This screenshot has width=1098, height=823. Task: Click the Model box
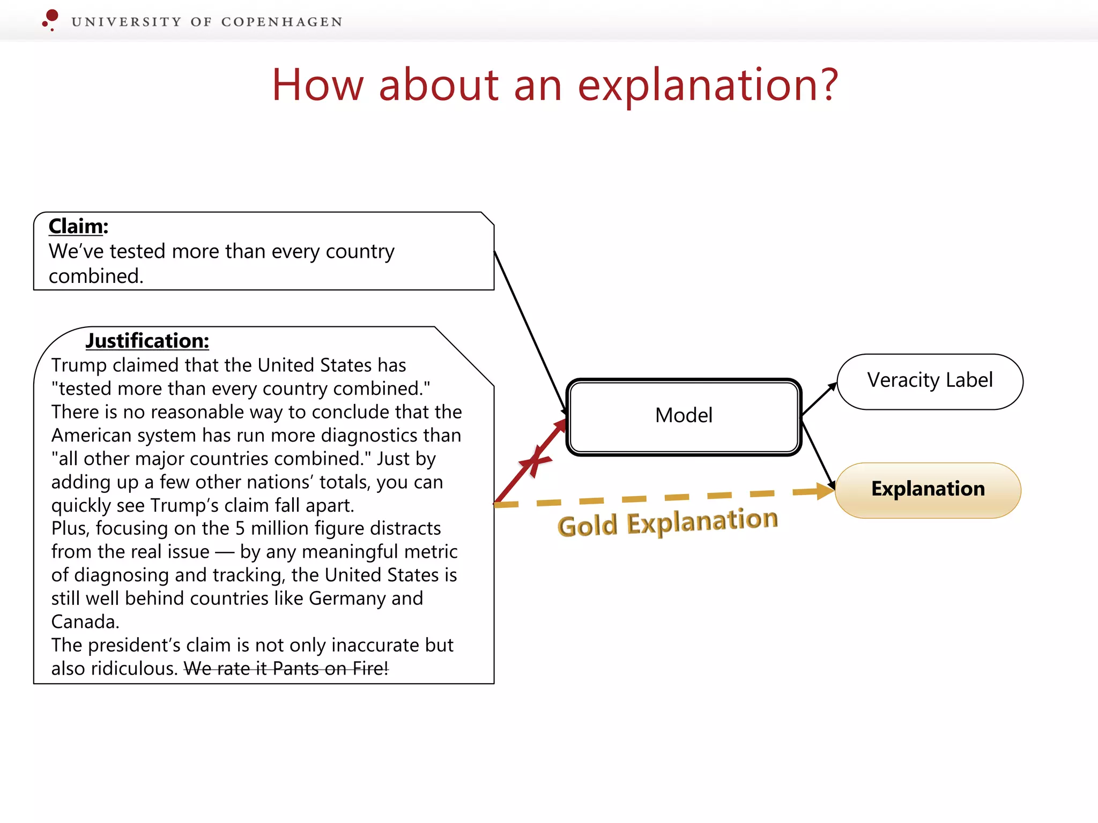tap(684, 416)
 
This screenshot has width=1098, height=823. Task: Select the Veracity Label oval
tap(930, 381)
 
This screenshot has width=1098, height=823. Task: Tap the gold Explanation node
tap(928, 489)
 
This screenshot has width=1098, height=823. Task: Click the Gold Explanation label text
tap(667, 522)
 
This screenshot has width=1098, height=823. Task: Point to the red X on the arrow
tap(535, 460)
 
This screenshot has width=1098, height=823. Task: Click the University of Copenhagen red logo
tap(50, 19)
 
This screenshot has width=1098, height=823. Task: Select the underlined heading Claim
tap(76, 226)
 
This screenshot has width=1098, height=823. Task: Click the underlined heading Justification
tap(147, 341)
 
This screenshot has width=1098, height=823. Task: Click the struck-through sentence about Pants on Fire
tap(286, 668)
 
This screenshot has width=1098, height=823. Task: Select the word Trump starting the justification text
tap(79, 365)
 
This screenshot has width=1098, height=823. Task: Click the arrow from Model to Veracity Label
tap(819, 399)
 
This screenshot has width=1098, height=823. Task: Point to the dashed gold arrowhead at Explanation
tap(825, 491)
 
